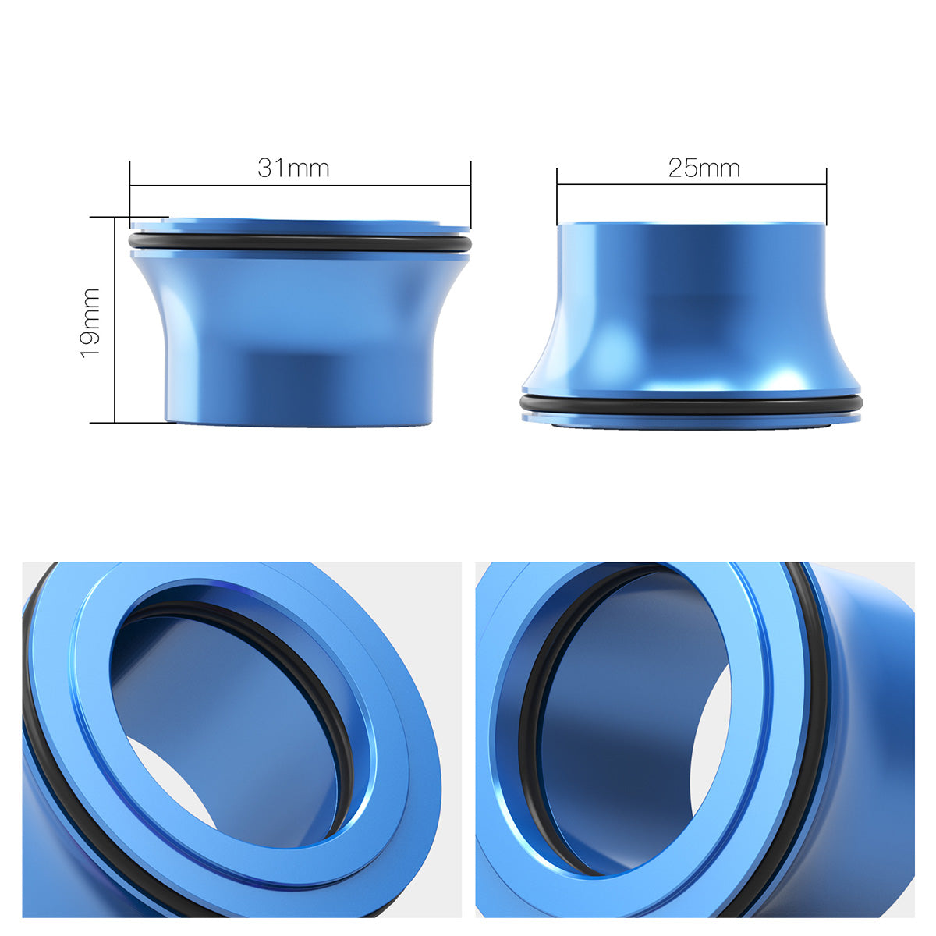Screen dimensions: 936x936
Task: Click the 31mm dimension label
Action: tap(293, 168)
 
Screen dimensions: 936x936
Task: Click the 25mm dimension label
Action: tap(704, 168)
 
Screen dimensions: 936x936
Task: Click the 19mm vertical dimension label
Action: tap(90, 322)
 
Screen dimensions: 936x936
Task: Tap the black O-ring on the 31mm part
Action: tap(300, 244)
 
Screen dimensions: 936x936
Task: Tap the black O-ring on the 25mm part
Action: tap(691, 406)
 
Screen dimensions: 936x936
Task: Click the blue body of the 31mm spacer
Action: tap(300, 335)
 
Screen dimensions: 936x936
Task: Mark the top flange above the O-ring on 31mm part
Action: tap(300, 227)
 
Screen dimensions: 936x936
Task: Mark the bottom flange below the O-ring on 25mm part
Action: tap(691, 419)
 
